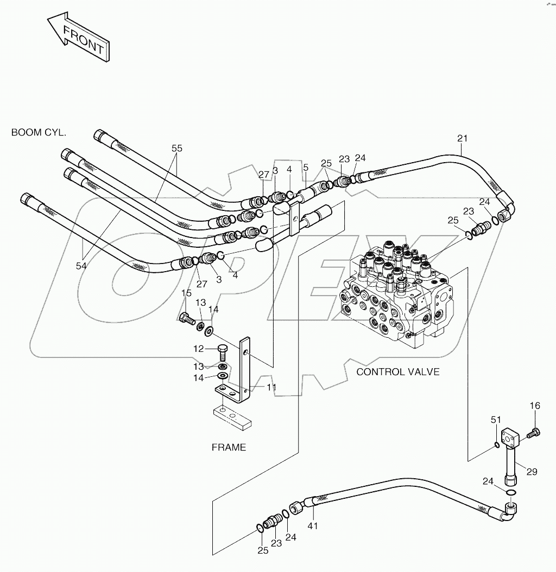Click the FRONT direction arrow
pos(79,39)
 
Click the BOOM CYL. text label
pos(39,132)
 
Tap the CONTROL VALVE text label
pos(397,372)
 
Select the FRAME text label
pos(229,447)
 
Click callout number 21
pos(462,138)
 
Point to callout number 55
pos(177,147)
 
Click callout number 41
pos(313,525)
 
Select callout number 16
pos(535,405)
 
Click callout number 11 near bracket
pos(271,387)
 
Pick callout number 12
pos(199,349)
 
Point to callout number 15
pos(186,293)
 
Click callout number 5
pos(306,168)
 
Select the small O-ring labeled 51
pos(497,446)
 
